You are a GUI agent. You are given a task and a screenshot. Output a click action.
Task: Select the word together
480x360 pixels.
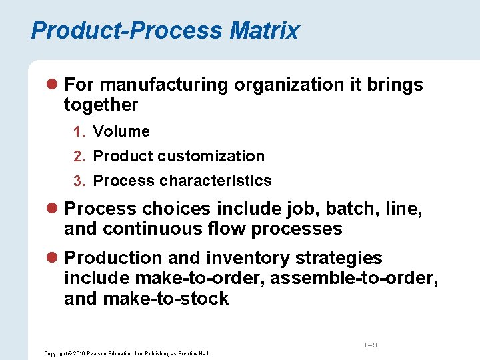pyautogui.click(x=101, y=105)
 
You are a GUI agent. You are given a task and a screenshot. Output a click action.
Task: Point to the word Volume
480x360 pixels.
pyautogui.click(x=121, y=131)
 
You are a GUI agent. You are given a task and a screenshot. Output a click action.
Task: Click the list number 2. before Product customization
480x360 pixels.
pyautogui.click(x=79, y=157)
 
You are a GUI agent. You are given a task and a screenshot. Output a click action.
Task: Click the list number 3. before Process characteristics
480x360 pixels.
pyautogui.click(x=79, y=181)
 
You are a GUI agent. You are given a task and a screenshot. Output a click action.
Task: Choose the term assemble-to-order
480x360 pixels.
pyautogui.click(x=354, y=278)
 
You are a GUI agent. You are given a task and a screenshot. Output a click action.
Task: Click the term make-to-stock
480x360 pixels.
pyautogui.click(x=166, y=298)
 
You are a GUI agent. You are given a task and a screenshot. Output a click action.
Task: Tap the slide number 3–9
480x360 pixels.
pyautogui.click(x=370, y=345)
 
